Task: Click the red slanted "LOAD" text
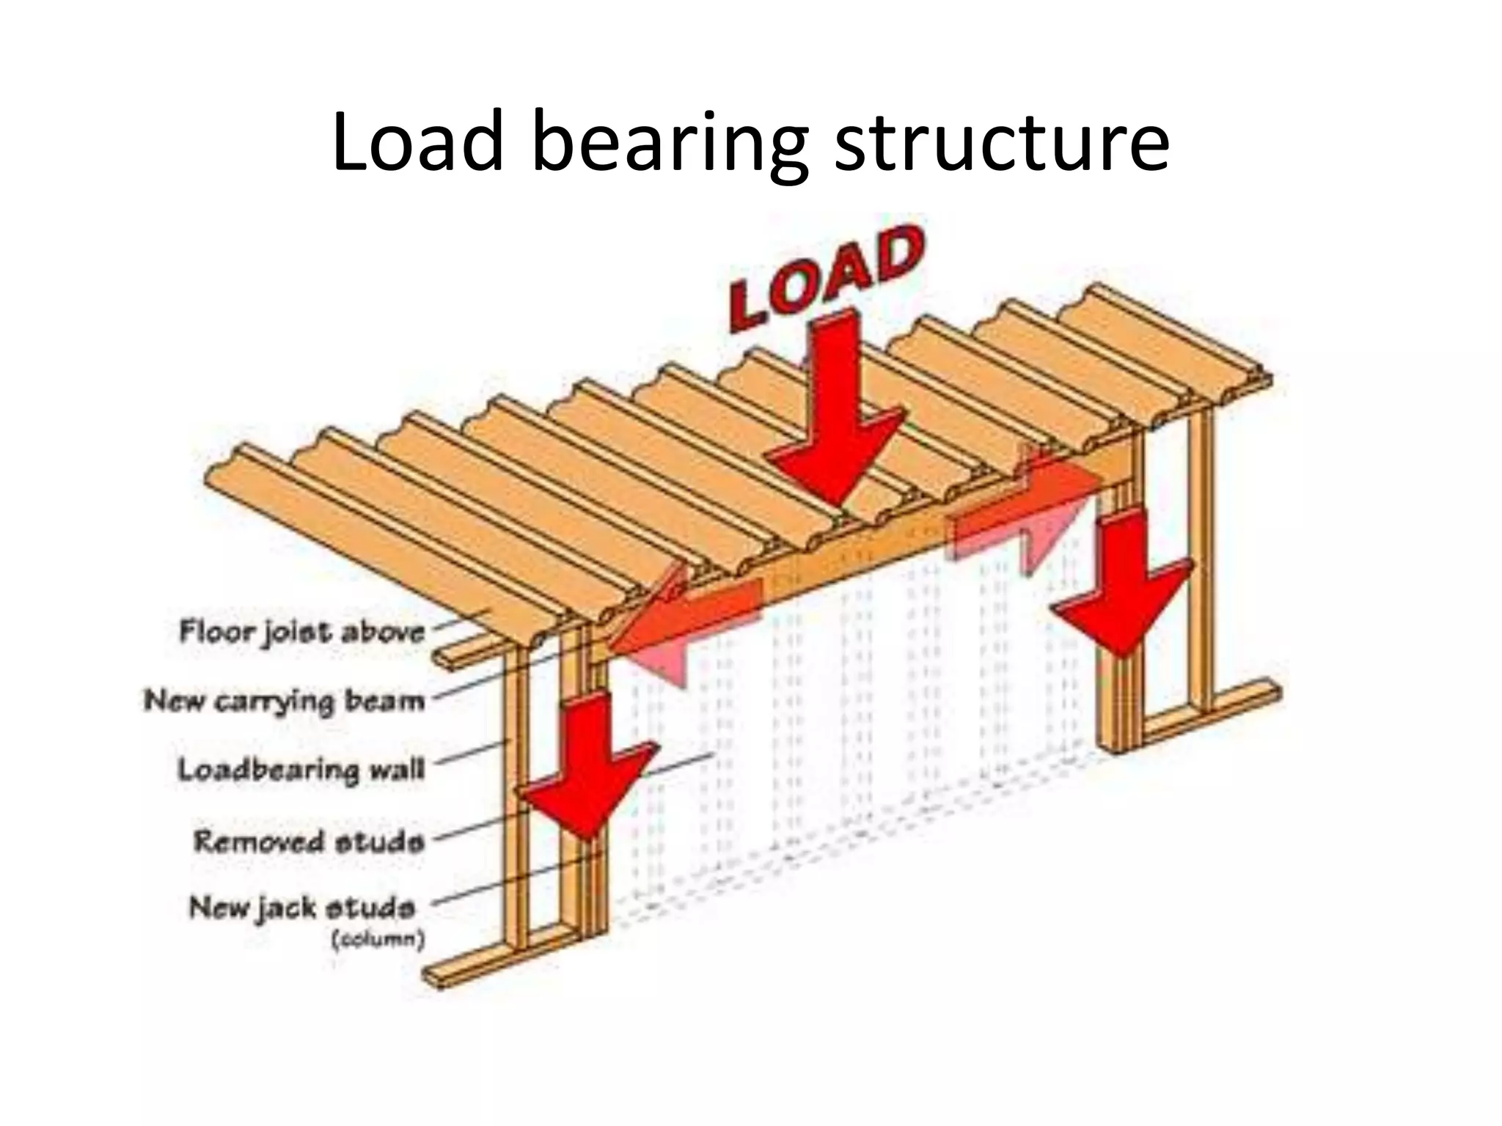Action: click(825, 279)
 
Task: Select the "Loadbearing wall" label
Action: click(301, 770)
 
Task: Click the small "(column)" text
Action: click(378, 940)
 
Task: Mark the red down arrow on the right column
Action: click(1122, 579)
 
